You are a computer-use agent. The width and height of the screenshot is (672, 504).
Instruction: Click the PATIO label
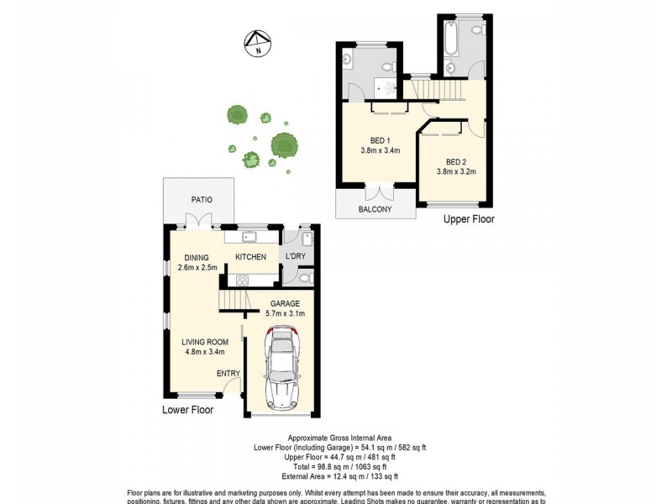tap(200, 200)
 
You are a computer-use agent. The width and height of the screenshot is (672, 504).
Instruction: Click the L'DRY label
tap(297, 256)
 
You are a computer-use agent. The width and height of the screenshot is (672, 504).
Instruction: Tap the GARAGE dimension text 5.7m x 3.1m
tap(285, 313)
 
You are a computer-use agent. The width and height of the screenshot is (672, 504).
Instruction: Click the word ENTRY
tap(228, 374)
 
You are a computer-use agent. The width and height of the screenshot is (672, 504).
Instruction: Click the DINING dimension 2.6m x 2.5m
tap(197, 268)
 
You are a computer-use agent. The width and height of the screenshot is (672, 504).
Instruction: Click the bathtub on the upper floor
tap(449, 38)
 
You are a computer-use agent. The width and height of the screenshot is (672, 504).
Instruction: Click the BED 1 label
tap(380, 140)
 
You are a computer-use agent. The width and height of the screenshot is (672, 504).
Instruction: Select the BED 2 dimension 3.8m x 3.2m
tap(456, 172)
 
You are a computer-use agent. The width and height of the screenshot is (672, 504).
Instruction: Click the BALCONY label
tap(375, 209)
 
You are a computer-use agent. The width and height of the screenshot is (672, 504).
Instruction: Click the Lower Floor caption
tap(188, 411)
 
